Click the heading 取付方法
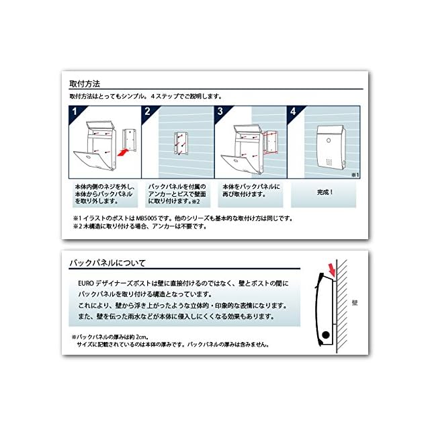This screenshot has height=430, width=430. tap(85, 84)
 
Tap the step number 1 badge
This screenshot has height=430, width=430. tap(75, 112)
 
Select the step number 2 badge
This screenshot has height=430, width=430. tap(148, 112)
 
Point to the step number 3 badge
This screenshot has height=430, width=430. tap(220, 112)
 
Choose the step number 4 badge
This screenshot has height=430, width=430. tap(293, 112)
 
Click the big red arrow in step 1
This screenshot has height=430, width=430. tap(124, 152)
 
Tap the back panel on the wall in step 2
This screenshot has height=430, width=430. tap(181, 143)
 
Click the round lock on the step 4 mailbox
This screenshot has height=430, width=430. tap(329, 140)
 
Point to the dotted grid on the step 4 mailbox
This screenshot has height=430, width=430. tap(329, 162)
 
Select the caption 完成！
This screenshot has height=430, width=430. tap(325, 192)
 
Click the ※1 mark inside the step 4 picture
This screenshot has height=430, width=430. tap(355, 175)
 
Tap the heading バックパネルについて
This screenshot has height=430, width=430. tap(107, 263)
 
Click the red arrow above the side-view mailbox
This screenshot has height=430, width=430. tap(332, 270)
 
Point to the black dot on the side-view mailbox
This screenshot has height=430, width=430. tap(325, 335)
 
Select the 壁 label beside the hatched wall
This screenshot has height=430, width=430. tap(355, 303)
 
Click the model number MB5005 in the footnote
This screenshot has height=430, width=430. tap(146, 218)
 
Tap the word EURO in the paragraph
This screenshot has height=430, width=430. tap(86, 284)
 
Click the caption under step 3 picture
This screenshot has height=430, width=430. tap(251, 191)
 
